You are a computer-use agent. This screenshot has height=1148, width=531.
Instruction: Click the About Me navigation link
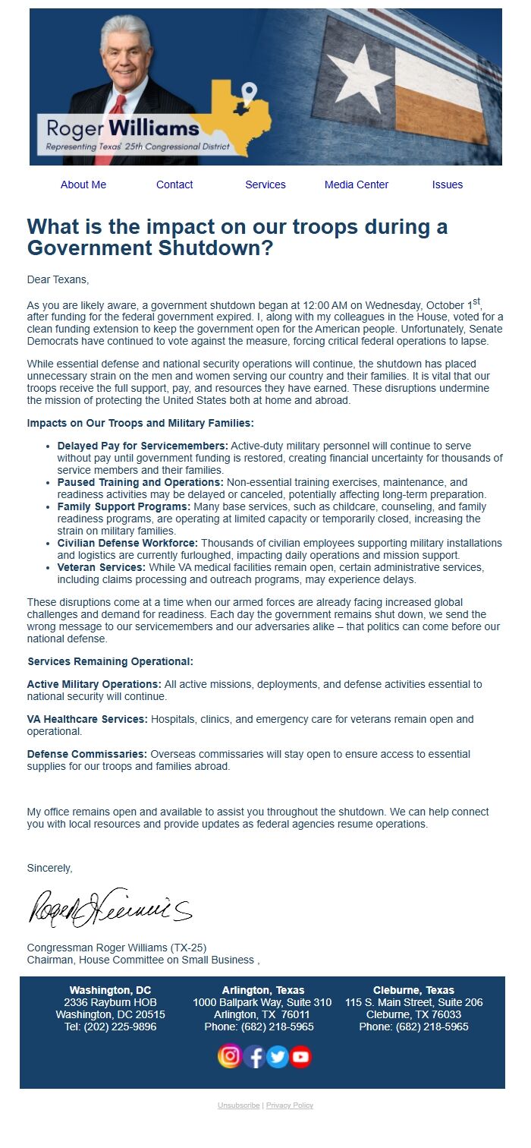(83, 184)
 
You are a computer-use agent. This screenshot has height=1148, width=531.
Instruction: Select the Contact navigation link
(174, 184)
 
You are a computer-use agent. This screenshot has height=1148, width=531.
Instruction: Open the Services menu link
(265, 184)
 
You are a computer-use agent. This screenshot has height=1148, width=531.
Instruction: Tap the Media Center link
(357, 184)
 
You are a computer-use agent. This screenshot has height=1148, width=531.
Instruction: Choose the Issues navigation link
(448, 184)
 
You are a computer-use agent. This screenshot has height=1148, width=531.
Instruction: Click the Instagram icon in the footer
(230, 1056)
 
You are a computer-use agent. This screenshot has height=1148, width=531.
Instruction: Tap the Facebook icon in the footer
(254, 1056)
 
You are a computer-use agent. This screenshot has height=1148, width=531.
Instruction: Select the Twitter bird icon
(278, 1056)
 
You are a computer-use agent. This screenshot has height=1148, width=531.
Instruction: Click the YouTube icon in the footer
(301, 1056)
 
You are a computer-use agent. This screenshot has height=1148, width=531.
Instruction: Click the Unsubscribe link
(238, 1105)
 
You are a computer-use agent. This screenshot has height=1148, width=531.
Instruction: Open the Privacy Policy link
(290, 1105)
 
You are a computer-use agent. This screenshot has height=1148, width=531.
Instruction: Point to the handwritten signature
(110, 907)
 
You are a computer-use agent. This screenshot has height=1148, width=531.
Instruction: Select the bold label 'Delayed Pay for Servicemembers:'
(143, 446)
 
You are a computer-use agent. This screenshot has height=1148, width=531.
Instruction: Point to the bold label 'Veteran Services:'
(102, 567)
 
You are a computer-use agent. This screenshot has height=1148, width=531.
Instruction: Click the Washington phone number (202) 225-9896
(111, 1027)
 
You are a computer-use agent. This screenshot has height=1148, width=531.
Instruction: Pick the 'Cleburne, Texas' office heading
(413, 990)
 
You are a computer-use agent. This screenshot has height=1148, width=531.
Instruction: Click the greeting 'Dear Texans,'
(58, 279)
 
